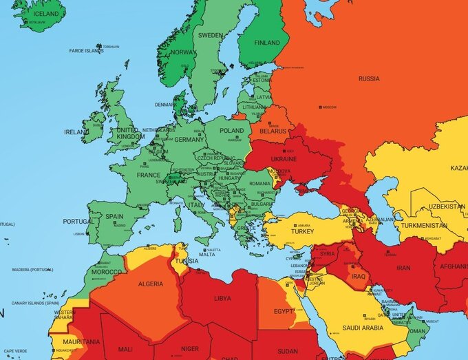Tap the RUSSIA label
point(368,78)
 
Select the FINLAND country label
point(268,43)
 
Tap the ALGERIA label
point(151,284)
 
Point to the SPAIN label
point(114,216)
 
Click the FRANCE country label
point(148,175)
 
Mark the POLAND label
point(231,130)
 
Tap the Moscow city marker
point(320,107)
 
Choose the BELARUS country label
point(273,130)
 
